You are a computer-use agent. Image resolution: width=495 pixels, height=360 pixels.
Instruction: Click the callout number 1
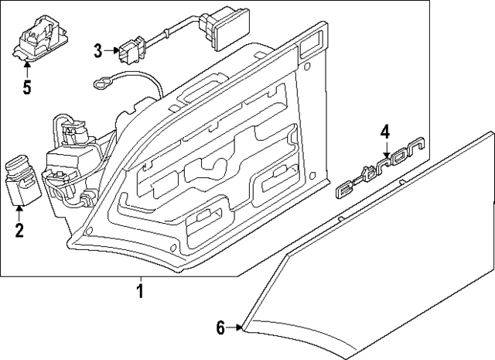point(140,293)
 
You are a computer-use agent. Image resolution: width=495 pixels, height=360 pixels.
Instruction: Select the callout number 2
point(19,230)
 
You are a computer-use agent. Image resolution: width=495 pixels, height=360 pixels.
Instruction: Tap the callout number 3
point(98,52)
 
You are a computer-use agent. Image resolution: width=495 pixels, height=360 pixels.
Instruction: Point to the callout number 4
point(385,131)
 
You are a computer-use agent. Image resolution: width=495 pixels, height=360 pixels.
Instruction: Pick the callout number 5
point(26,86)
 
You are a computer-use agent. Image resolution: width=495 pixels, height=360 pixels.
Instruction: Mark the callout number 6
point(220,328)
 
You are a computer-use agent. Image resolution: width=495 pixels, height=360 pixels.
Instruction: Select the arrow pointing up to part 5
point(26,68)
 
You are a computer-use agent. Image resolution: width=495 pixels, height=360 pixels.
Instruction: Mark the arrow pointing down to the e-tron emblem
point(385,151)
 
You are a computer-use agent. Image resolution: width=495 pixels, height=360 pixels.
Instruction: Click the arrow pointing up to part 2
point(19,211)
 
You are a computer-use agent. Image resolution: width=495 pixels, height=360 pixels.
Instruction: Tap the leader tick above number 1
point(140,280)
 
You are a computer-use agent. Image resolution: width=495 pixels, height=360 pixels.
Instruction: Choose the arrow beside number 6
point(236,328)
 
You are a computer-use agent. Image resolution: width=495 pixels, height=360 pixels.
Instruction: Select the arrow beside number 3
point(111,52)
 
